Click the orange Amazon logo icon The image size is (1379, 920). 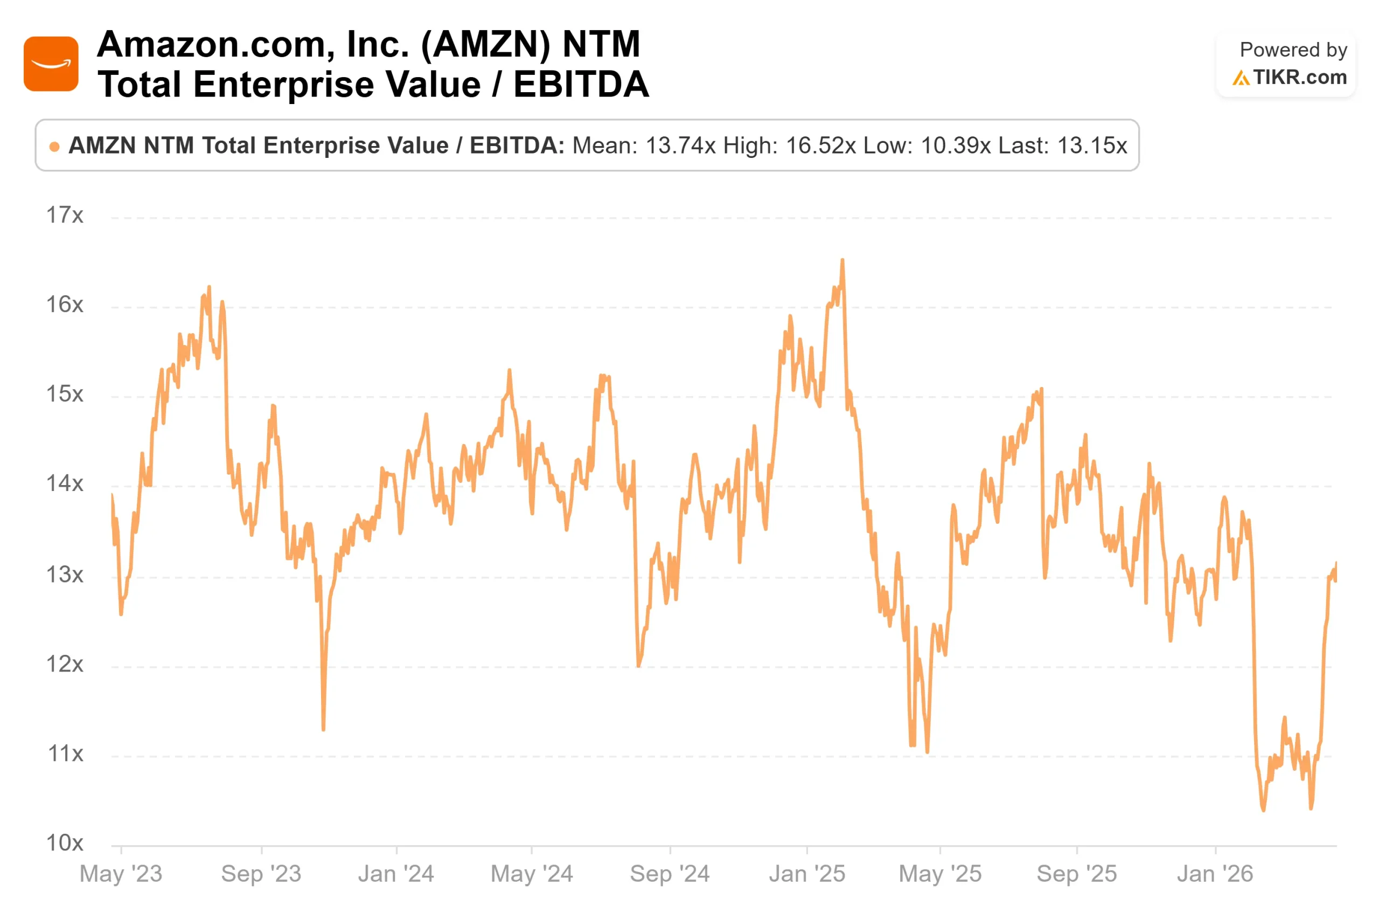click(51, 64)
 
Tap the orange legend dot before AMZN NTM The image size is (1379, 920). click(54, 147)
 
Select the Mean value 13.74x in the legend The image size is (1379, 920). click(680, 146)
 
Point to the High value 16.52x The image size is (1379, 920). click(820, 146)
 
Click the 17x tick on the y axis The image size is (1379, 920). click(65, 216)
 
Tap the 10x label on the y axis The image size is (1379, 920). click(65, 843)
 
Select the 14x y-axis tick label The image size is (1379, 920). click(65, 483)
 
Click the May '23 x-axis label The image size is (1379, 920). click(121, 874)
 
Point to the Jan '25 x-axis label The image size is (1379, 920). click(807, 874)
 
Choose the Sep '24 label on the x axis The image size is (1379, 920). click(670, 874)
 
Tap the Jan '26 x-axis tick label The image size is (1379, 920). click(1215, 874)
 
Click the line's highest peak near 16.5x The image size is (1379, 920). click(842, 260)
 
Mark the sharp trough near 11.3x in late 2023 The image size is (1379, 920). click(324, 729)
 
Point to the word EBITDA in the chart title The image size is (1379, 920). click(581, 85)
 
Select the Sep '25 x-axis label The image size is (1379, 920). click(1076, 874)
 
